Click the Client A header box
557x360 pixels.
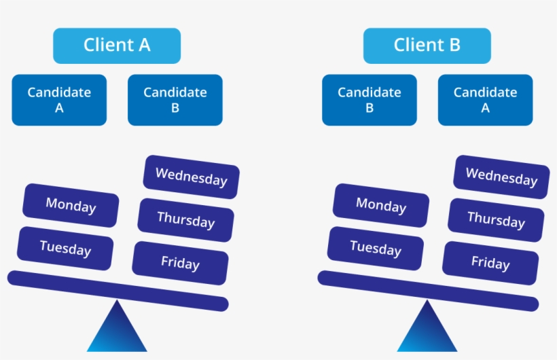[117, 46]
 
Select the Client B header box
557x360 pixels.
[427, 46]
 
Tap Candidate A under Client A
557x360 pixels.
[59, 100]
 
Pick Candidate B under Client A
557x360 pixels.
[175, 100]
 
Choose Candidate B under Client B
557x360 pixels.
[370, 100]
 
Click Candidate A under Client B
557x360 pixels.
[485, 100]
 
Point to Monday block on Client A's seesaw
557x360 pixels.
[71, 205]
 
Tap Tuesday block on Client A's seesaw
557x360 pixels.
[65, 249]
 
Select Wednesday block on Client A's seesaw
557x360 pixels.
[192, 177]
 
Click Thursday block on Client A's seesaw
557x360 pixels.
[186, 220]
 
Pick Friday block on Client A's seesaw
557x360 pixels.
[180, 263]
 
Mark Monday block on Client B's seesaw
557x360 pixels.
[381, 205]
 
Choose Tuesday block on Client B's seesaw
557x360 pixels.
[376, 249]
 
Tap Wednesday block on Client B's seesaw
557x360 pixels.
[501, 177]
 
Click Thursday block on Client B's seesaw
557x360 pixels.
[496, 220]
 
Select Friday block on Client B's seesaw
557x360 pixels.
[490, 263]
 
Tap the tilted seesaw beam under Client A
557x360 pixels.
[118, 291]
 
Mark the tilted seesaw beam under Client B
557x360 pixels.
[428, 291]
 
